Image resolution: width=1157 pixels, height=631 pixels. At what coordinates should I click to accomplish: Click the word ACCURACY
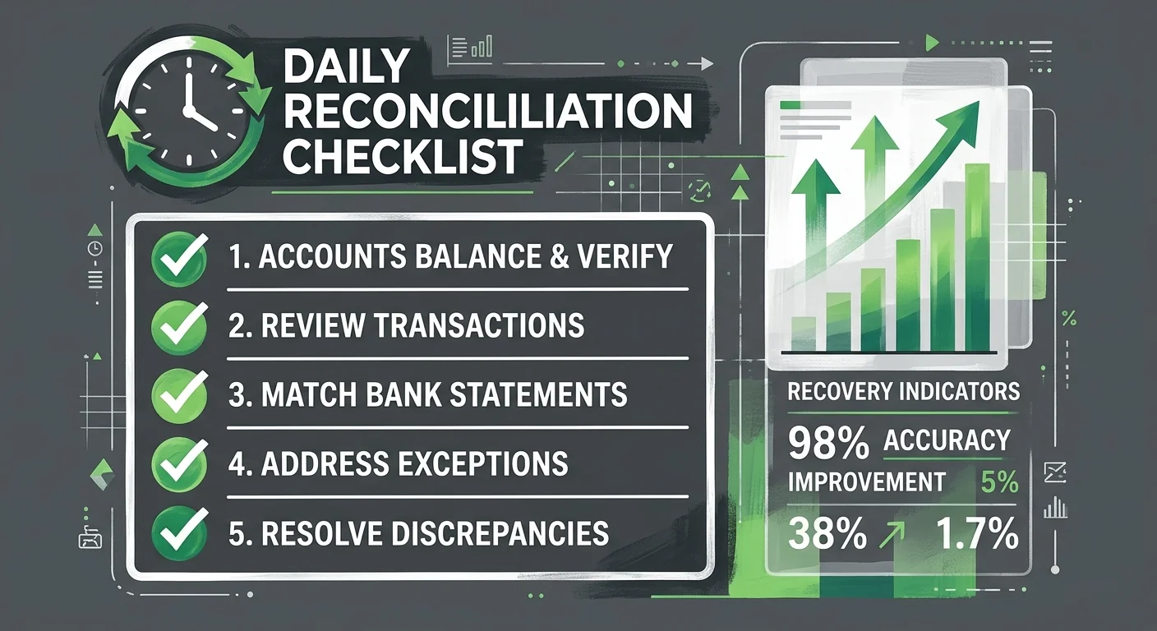pyautogui.click(x=947, y=441)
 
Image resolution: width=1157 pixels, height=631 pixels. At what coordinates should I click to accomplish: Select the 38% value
pyautogui.click(x=827, y=535)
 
